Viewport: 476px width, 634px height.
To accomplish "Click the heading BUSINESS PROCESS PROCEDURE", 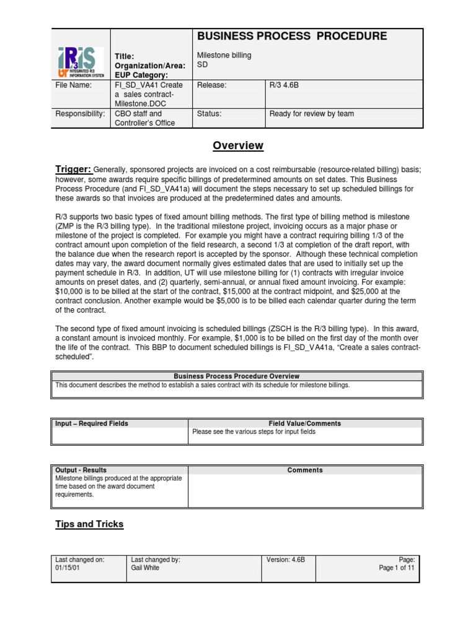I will [291, 37].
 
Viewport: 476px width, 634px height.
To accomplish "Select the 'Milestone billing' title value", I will [224, 56].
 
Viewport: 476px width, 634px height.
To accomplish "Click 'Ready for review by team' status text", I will [311, 114].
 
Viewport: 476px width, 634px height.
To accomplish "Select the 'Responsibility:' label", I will [80, 114].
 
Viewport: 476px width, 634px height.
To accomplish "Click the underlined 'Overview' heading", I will [238, 145].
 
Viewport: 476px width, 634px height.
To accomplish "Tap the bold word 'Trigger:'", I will [73, 169].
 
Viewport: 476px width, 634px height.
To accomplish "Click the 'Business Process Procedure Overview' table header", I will [236, 376].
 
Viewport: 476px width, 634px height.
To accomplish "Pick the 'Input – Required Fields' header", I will [92, 423].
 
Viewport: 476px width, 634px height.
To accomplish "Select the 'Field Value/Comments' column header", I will [304, 423].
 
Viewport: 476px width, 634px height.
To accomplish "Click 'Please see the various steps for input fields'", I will [253, 432].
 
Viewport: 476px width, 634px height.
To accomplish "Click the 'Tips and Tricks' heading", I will [89, 524].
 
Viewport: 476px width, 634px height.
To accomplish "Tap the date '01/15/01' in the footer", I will [66, 568].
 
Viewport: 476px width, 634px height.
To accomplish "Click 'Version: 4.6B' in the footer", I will [285, 559].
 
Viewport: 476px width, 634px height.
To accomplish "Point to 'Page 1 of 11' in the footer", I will [397, 568].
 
